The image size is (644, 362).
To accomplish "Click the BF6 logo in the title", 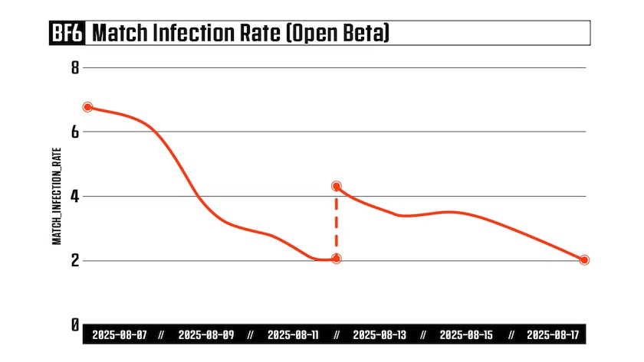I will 67,33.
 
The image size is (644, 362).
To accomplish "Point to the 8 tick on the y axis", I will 75,67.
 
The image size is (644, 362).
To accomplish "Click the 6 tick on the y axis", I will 75,132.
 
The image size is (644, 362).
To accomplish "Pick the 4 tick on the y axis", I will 75,196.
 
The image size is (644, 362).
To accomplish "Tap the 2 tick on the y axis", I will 75,260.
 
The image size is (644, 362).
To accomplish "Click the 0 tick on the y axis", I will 75,325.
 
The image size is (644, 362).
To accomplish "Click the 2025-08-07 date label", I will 119,335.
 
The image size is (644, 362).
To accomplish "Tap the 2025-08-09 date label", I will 205,335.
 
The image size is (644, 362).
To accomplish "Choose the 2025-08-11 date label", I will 294,335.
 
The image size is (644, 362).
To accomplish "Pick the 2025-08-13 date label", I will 381,335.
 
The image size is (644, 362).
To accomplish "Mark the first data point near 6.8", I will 88,107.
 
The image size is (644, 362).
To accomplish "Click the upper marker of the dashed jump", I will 336,186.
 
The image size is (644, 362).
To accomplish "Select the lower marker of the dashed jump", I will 336,259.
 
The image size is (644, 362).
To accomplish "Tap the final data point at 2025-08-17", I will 584,260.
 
